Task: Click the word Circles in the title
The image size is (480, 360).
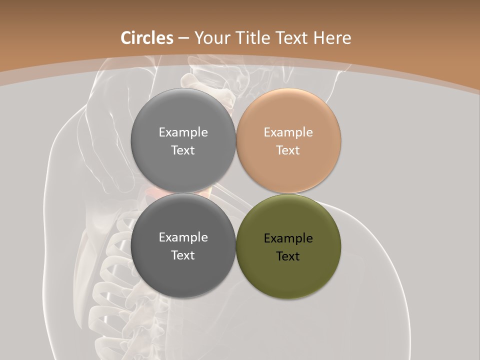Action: tap(147, 38)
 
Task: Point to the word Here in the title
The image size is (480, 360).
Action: tap(332, 38)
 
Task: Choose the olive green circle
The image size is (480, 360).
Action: tap(288, 275)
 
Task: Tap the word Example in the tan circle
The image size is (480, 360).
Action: tap(288, 132)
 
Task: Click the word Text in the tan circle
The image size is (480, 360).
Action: tap(287, 150)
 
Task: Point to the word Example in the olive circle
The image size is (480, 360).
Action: tap(288, 238)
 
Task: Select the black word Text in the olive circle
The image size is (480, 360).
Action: tap(287, 256)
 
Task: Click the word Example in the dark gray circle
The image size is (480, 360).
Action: tap(183, 237)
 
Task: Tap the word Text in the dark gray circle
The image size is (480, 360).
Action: tap(182, 255)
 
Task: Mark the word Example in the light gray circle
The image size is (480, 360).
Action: tap(183, 132)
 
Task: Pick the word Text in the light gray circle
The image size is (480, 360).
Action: tap(182, 150)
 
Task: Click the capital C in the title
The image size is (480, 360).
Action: tap(126, 38)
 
